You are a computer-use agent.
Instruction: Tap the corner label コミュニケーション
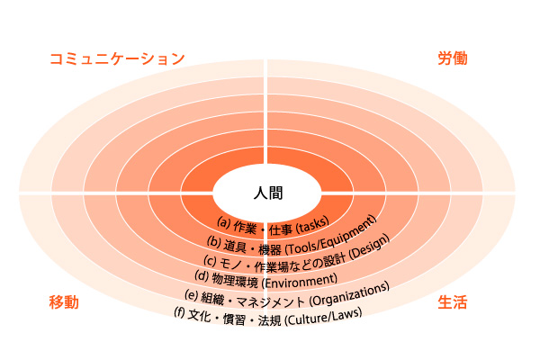coord(117,59)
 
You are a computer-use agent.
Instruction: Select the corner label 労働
coord(453,59)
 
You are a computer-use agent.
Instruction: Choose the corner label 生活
coord(453,302)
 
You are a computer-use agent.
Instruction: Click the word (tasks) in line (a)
coord(310,221)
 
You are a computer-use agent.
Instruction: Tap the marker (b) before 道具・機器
coord(214,241)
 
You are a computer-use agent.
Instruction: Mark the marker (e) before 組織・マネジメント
coord(191,296)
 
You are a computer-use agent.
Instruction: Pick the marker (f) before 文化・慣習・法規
coord(179,314)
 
